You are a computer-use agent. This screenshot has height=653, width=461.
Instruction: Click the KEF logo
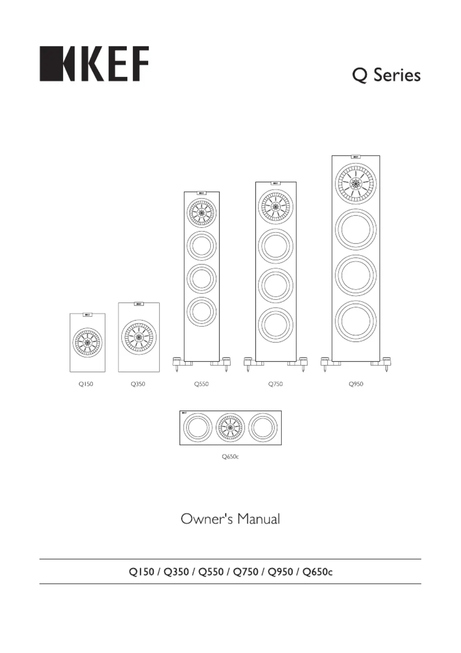94,63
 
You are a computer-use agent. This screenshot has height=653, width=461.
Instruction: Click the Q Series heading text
386,75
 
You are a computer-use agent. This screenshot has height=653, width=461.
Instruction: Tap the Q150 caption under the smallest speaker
86,384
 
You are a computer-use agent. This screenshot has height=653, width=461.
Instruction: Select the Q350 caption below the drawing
138,384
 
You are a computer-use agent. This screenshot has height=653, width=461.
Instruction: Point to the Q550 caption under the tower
201,384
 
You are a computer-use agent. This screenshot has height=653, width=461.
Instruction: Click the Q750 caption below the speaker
276,384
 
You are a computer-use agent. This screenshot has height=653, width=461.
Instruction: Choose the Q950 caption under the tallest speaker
356,384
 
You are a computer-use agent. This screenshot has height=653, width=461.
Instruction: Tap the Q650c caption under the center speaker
230,457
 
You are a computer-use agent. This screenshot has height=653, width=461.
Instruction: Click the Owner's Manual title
230,519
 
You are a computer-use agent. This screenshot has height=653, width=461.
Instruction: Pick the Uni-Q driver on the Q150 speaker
87,342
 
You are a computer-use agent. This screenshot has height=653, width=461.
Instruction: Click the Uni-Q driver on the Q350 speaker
139,337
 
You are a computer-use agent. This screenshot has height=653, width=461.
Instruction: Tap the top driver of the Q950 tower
356,184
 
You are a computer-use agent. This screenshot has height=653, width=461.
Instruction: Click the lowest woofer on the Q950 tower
356,321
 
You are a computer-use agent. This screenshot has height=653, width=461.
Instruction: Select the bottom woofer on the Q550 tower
201,311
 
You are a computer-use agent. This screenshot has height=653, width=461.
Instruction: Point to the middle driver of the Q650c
230,428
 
